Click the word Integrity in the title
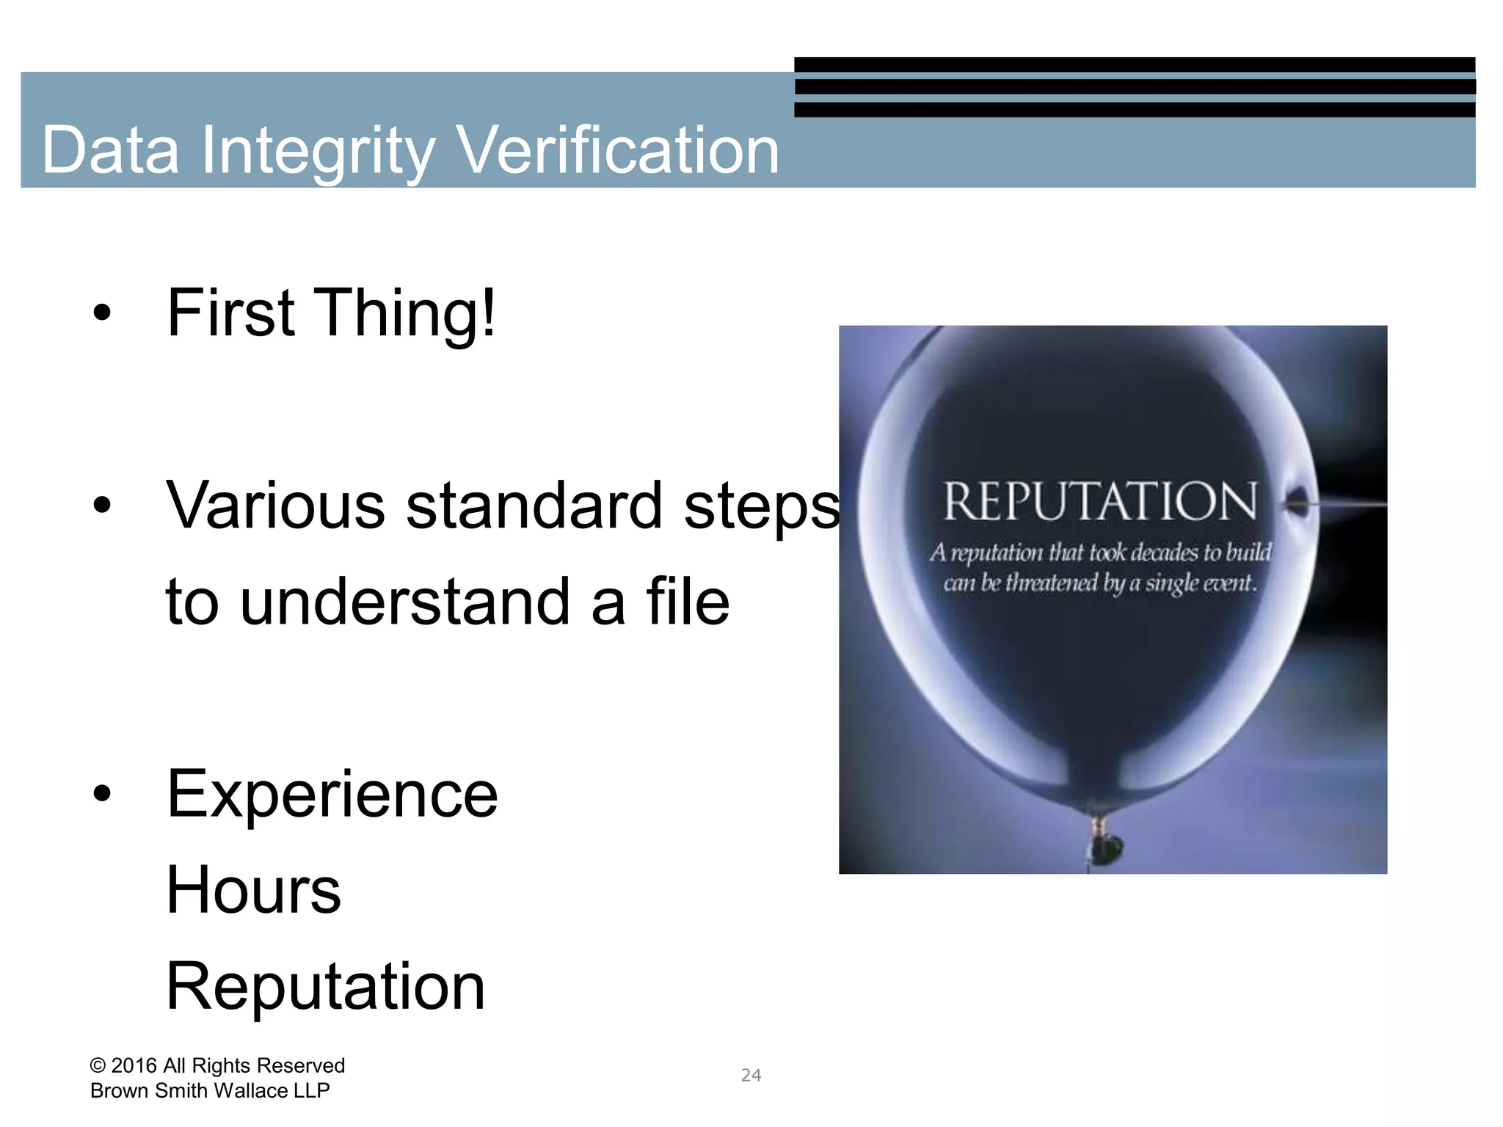click(x=318, y=150)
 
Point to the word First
click(x=230, y=313)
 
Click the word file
click(x=688, y=601)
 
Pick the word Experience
click(x=332, y=794)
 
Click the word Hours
click(x=253, y=889)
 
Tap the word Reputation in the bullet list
click(x=325, y=986)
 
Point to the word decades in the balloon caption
click(x=1162, y=552)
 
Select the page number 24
click(x=751, y=1075)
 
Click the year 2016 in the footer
click(x=134, y=1065)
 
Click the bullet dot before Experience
click(x=102, y=794)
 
